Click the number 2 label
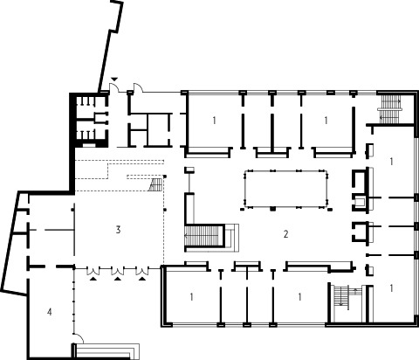tap(285, 234)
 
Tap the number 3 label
tap(118, 230)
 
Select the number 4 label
tap(50, 312)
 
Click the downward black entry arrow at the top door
tap(114, 80)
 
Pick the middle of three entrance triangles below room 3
tap(118, 279)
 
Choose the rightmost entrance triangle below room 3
tap(142, 279)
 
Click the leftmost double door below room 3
tap(93, 271)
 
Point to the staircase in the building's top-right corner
tap(390, 109)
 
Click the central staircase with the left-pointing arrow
tap(202, 236)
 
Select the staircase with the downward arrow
tap(342, 296)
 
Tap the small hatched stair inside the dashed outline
tap(155, 184)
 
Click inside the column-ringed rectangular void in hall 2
tap(286, 189)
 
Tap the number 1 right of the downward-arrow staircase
tap(391, 287)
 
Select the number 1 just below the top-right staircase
tap(391, 161)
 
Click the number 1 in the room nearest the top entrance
tap(214, 120)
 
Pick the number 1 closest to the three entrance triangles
tap(191, 297)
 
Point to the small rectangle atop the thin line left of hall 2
tap(189, 170)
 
